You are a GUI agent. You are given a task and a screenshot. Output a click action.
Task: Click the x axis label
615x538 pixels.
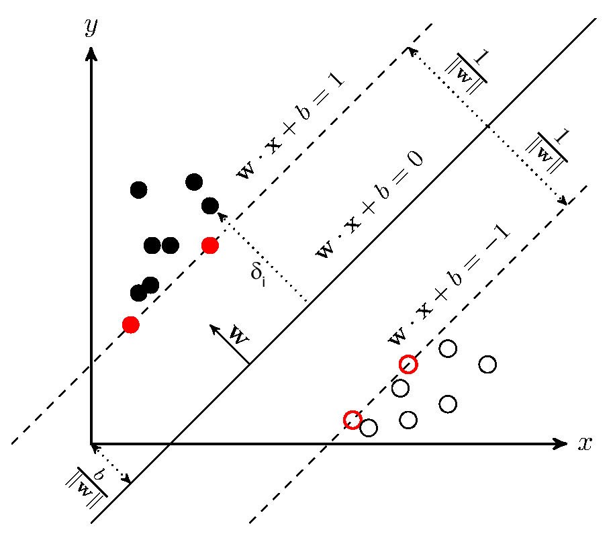pos(585,443)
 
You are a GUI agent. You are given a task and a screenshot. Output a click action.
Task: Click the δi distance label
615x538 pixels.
pos(258,273)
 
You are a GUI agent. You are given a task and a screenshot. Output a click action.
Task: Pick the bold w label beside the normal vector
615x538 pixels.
pos(239,334)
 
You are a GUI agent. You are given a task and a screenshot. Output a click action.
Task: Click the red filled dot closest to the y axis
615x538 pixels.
pos(131,324)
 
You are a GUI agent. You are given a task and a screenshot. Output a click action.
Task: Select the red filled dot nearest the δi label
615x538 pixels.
pos(210,245)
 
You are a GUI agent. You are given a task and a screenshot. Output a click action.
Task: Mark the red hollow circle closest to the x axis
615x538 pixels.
pos(352,420)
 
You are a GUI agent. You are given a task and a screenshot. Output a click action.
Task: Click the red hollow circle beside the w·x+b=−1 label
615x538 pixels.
pos(408,364)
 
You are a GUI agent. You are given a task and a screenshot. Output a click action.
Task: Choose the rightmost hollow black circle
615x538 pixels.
pos(487,364)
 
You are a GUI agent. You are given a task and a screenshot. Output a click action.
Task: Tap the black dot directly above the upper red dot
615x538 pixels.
pos(210,206)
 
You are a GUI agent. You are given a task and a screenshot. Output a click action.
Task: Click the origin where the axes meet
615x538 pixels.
pos(91,443)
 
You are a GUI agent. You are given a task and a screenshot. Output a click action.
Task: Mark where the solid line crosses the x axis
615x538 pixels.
pos(171,443)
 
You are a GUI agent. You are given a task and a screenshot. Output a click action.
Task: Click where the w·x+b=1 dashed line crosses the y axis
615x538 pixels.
pos(91,364)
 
